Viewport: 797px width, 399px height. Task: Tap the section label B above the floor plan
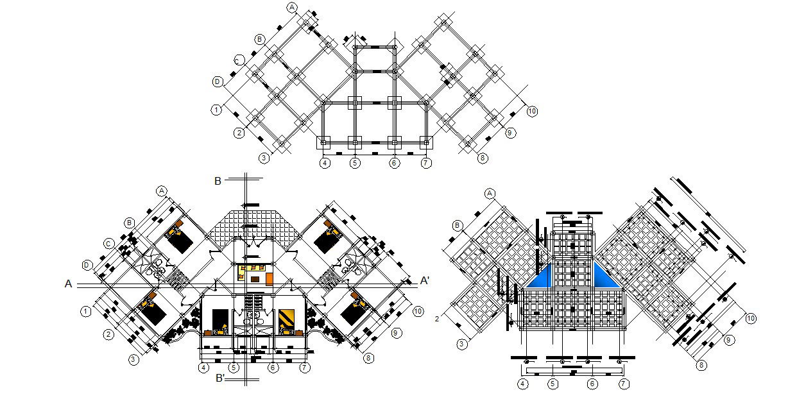pyautogui.click(x=218, y=182)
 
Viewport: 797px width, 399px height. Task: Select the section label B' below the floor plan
pyautogui.click(x=219, y=378)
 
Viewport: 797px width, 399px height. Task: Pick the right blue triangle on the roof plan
pyautogui.click(x=604, y=277)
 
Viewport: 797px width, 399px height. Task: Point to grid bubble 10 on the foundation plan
pyautogui.click(x=532, y=112)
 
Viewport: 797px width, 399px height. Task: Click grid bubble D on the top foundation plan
pyautogui.click(x=218, y=82)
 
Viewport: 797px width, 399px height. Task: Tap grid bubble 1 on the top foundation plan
pyautogui.click(x=217, y=110)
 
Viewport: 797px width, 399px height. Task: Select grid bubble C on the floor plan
pyautogui.click(x=110, y=244)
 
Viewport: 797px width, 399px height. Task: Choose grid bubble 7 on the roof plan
pyautogui.click(x=623, y=384)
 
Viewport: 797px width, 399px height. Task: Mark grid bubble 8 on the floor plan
pyautogui.click(x=368, y=358)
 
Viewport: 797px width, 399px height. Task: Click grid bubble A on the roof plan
pyautogui.click(x=491, y=193)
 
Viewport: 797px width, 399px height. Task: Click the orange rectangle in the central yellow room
pyautogui.click(x=270, y=278)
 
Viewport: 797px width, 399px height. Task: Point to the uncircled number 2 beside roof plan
pyautogui.click(x=436, y=319)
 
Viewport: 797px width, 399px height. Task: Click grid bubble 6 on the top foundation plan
pyautogui.click(x=395, y=163)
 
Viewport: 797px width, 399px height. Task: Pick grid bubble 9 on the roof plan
pyautogui.click(x=728, y=340)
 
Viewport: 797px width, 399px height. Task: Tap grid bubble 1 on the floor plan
pyautogui.click(x=85, y=312)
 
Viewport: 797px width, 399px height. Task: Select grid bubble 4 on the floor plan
pyautogui.click(x=203, y=368)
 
